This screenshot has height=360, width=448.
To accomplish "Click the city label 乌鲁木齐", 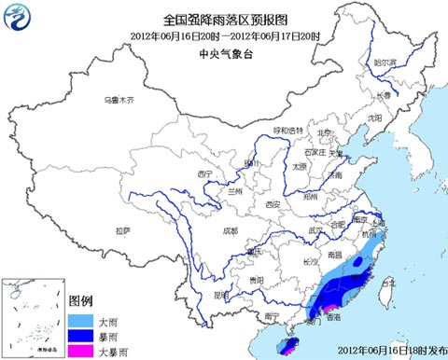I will pyautogui.click(x=119, y=99).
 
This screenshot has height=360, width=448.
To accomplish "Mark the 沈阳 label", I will pyautogui.click(x=374, y=118).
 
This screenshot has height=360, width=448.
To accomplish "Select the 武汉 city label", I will pyautogui.click(x=316, y=230).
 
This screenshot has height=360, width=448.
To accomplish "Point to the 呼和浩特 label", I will pyautogui.click(x=287, y=130).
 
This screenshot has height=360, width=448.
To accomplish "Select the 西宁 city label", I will pyautogui.click(x=206, y=173).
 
